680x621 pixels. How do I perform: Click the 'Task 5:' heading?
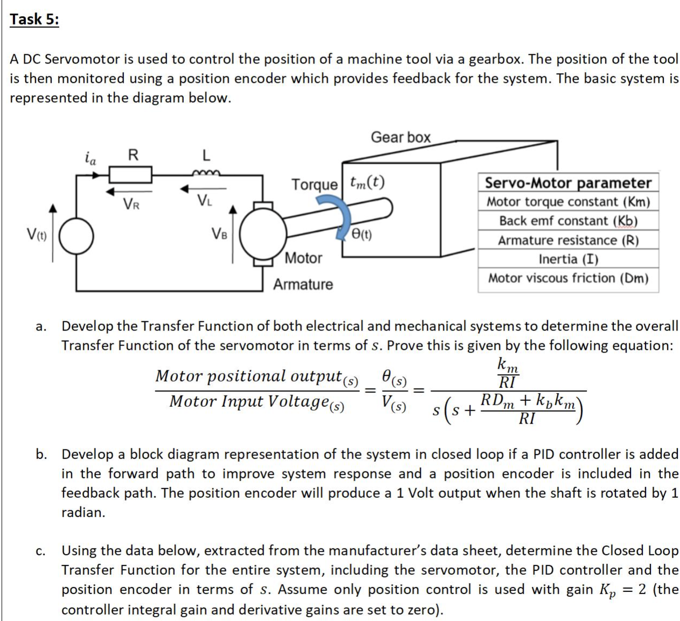pyautogui.click(x=34, y=19)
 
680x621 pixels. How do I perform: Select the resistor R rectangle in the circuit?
pyautogui.click(x=130, y=174)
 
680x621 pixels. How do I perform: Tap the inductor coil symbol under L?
pyautogui.click(x=205, y=172)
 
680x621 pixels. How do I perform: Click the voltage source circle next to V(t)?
pyautogui.click(x=76, y=236)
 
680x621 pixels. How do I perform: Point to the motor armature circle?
pyautogui.click(x=262, y=235)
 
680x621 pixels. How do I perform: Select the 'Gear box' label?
pyautogui.click(x=400, y=137)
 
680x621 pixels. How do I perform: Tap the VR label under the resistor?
pyautogui.click(x=131, y=204)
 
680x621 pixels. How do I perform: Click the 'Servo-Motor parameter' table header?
pyautogui.click(x=568, y=183)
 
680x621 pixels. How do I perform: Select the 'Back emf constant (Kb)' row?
pyautogui.click(x=568, y=221)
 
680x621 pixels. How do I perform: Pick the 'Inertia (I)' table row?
pyautogui.click(x=568, y=259)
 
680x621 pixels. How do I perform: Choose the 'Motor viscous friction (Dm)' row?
pyautogui.click(x=568, y=278)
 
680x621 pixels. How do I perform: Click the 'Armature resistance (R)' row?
pyautogui.click(x=568, y=240)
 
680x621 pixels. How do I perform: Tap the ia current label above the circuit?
pyautogui.click(x=91, y=158)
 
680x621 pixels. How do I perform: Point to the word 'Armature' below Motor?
pyautogui.click(x=303, y=284)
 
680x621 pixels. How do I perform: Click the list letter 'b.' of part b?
pyautogui.click(x=41, y=454)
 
